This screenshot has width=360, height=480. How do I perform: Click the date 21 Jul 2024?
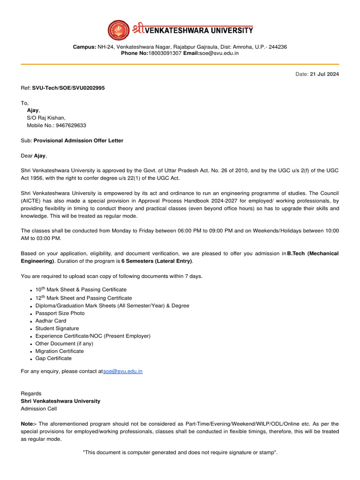[324, 74]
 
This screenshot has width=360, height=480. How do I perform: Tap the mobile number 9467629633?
[70, 126]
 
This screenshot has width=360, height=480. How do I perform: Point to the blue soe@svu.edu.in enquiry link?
[123, 371]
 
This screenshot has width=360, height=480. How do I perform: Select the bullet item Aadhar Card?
[51, 321]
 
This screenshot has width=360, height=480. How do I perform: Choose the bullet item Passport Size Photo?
[60, 313]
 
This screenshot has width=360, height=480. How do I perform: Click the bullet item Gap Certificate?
[53, 358]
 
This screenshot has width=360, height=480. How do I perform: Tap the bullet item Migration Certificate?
[60, 351]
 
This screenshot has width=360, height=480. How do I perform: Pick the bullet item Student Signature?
[57, 328]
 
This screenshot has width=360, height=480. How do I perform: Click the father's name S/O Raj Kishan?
[46, 118]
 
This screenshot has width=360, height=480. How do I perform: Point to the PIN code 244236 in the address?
[278, 47]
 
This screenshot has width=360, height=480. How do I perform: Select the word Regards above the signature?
[31, 394]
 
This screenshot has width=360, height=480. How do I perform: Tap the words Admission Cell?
[38, 409]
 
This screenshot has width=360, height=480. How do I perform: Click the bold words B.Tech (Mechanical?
[313, 254]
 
